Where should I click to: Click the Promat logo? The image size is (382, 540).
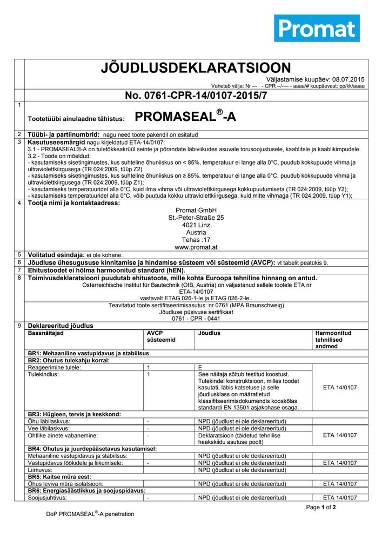[317, 28]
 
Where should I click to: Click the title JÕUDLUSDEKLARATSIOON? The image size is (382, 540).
[196, 68]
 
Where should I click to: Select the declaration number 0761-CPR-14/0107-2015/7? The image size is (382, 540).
[196, 96]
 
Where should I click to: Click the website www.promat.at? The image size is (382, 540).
[196, 247]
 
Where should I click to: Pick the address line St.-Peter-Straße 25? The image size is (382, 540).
[196, 218]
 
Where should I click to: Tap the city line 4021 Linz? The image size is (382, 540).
[196, 225]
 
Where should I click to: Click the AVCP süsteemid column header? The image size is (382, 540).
[161, 336]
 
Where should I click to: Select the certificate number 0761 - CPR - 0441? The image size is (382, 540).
[196, 319]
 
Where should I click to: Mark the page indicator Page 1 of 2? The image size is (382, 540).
[321, 508]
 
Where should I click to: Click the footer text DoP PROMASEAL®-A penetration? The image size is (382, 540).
[90, 514]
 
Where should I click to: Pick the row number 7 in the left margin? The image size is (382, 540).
[19, 269]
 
